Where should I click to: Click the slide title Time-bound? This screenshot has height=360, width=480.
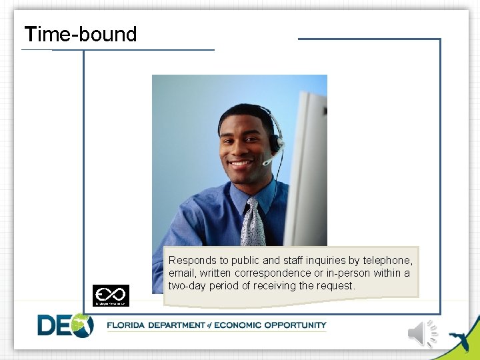(x=80, y=34)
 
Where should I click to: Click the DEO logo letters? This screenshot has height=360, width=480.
(x=65, y=325)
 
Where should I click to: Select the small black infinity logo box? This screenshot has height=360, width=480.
(x=111, y=295)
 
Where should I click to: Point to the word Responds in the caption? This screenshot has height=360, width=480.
(x=191, y=261)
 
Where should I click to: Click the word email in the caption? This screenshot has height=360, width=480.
(x=181, y=273)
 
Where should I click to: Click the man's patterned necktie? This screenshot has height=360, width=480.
(x=253, y=223)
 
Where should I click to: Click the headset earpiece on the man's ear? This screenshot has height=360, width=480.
(x=274, y=141)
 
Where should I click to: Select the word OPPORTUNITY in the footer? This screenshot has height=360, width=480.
(x=295, y=325)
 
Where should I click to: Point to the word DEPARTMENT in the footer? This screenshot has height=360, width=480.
(x=178, y=325)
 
